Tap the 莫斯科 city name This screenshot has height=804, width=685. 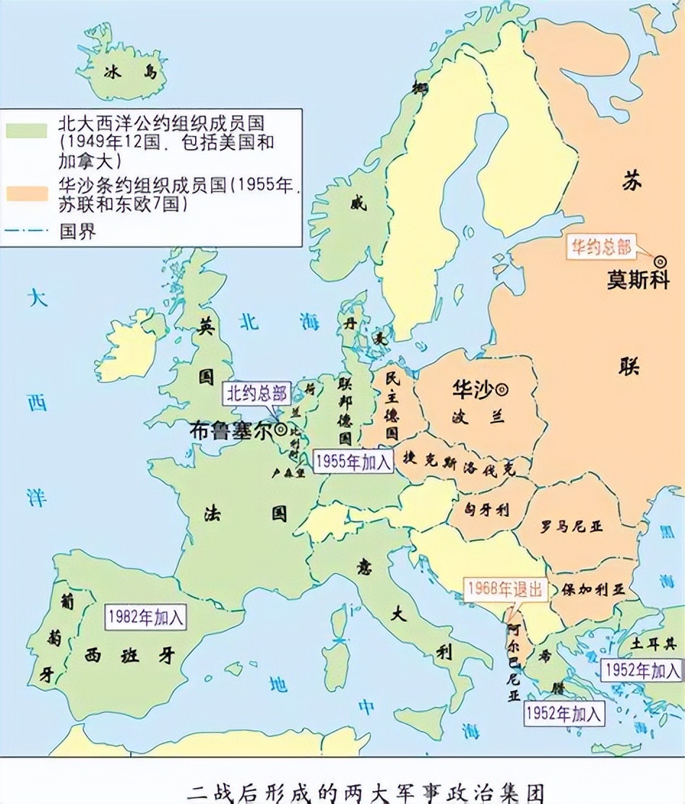click(x=637, y=280)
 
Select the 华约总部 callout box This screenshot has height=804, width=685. click(x=601, y=248)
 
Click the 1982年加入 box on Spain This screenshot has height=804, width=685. click(x=146, y=617)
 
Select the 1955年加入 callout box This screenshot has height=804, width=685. click(x=354, y=461)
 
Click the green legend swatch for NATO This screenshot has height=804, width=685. click(x=28, y=130)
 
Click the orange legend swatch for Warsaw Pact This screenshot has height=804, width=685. click(x=28, y=193)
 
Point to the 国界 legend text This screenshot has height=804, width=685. click(x=77, y=232)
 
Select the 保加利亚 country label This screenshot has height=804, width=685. click(x=592, y=589)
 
